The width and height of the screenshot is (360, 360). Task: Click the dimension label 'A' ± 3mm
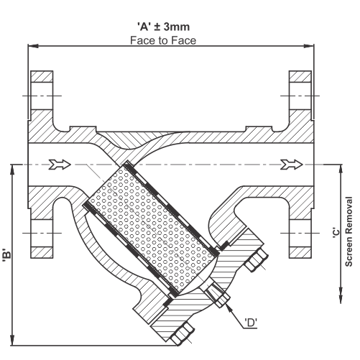163,27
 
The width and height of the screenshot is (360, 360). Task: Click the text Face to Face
163,40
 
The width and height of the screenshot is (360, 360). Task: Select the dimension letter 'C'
336,233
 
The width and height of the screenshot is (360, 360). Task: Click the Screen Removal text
349,231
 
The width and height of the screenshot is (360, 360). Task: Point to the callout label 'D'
251,323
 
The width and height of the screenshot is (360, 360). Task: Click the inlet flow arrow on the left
60,165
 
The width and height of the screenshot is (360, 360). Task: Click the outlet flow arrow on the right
292,165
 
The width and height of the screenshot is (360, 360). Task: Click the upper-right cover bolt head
255,261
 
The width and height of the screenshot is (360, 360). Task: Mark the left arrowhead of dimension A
33,46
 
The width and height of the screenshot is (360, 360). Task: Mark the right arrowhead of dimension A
309,46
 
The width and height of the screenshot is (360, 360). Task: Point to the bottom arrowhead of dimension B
12,340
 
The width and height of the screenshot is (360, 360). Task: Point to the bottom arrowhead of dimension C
341,298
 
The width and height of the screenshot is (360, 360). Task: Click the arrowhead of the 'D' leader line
229,308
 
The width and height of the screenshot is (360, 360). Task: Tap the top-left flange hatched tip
42,76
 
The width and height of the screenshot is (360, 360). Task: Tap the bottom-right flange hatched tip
300,253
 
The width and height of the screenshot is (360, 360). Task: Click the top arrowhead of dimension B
12,170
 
